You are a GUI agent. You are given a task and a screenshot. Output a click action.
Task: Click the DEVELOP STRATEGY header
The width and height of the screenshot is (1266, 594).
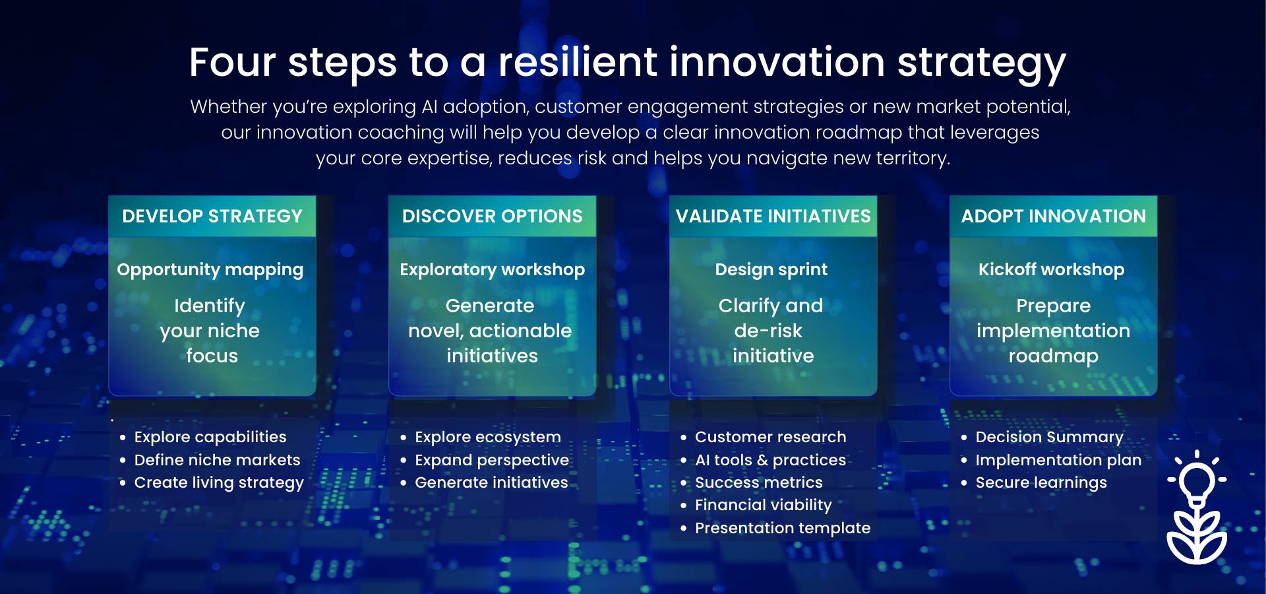coord(212,216)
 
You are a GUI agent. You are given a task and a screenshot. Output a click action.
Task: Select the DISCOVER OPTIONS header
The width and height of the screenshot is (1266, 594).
coord(493,216)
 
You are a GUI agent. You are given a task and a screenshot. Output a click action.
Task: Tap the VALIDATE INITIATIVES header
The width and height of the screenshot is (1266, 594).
coord(773,216)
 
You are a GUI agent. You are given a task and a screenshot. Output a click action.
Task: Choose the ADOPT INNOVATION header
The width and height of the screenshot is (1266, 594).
coord(1054,216)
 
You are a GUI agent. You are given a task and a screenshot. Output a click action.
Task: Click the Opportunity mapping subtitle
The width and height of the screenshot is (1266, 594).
coord(210,270)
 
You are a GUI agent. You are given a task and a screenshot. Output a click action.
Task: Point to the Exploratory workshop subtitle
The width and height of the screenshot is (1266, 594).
coord(493,270)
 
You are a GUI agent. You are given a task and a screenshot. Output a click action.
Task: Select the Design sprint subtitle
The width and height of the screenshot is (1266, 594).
coord(771,270)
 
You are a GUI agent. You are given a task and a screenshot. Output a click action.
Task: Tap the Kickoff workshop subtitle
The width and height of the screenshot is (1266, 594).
coord(1052,269)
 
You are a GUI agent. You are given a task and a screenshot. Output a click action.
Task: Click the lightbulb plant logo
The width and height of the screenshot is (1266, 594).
coord(1197,508)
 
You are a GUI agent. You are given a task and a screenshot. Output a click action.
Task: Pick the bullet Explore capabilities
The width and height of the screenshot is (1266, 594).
coord(210,437)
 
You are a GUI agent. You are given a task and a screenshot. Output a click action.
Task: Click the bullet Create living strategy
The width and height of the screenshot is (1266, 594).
coord(219,483)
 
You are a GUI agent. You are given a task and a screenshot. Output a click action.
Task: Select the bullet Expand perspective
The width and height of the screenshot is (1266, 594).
coord(492,460)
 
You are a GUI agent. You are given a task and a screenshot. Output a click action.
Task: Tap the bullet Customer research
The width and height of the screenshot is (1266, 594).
coord(771,437)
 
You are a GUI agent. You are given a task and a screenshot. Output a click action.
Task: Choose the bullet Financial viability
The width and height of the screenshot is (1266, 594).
coord(764,506)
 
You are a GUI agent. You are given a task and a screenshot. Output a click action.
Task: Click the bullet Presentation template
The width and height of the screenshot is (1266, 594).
coord(783,528)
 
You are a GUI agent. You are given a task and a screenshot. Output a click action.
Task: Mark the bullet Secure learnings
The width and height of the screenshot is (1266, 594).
coord(1041,483)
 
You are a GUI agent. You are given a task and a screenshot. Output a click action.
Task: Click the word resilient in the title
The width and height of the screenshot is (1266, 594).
coord(578,62)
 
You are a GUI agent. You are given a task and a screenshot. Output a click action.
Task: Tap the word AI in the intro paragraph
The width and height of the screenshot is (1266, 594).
coord(429,107)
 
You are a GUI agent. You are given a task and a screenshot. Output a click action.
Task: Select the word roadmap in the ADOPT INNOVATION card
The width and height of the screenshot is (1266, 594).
coord(1054,356)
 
